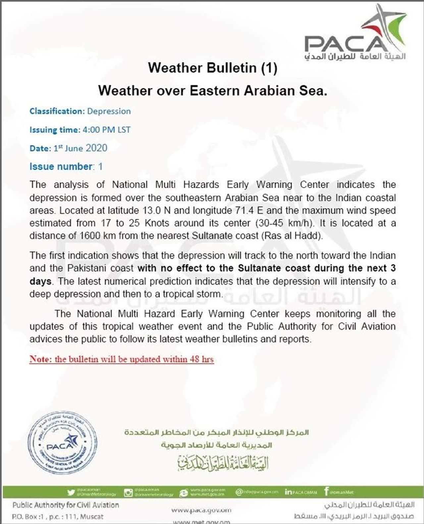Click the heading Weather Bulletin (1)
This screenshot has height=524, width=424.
point(212,68)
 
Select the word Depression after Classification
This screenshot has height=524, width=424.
point(109,111)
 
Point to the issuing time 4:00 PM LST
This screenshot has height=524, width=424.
point(107,130)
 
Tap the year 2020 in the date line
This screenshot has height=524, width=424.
point(96,148)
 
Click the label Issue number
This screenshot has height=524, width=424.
point(61,166)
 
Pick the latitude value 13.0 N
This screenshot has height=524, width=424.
point(156,210)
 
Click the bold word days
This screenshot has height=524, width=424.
point(40,281)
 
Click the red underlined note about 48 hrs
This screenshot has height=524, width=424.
point(122,359)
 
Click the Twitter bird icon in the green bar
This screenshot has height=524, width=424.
point(71,493)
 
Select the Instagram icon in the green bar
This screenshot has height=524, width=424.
point(128,493)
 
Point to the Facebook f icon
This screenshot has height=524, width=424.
point(327,492)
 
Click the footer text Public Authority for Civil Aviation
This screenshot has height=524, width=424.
point(66,505)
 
